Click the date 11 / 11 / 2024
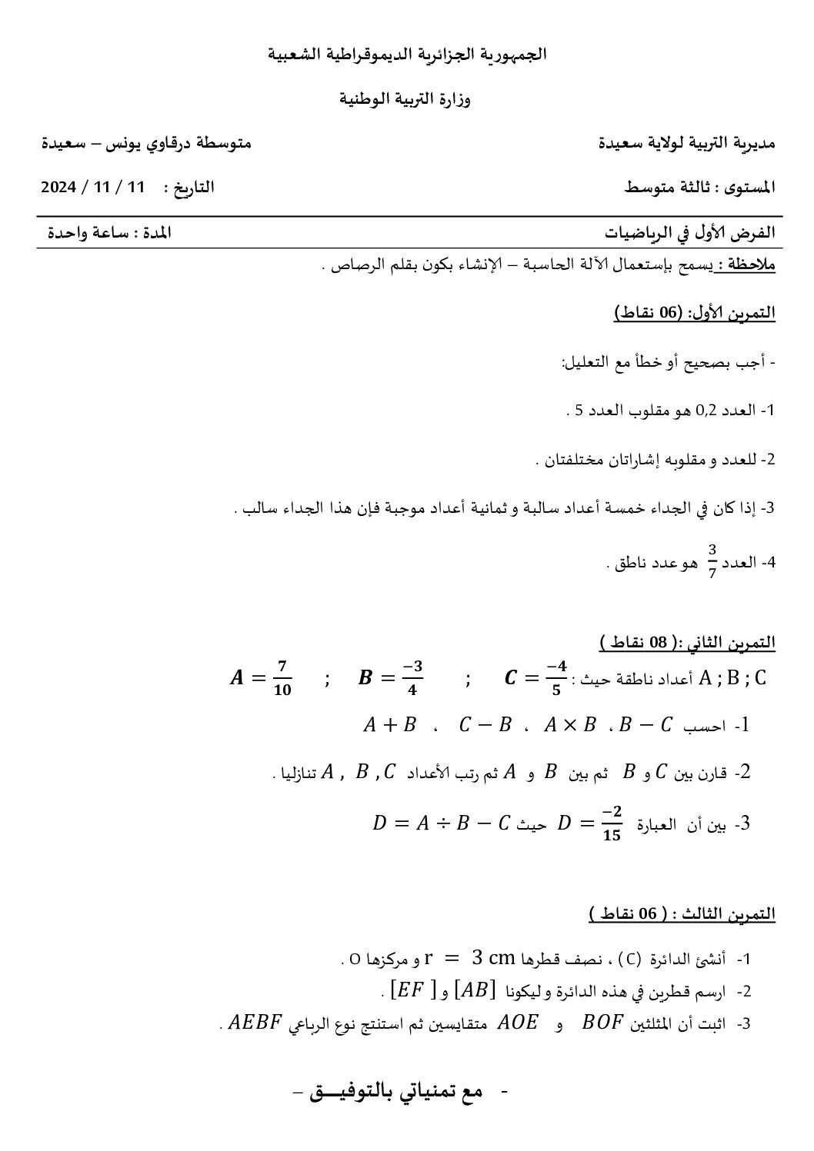click(92, 188)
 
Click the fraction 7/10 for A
click(282, 678)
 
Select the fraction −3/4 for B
click(412, 678)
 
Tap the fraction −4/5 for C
click(556, 678)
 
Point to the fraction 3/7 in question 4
click(712, 561)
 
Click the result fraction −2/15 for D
click(612, 823)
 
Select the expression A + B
click(389, 725)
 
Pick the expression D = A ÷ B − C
click(441, 823)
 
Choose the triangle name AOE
click(519, 1023)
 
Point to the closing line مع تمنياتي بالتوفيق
click(400, 1093)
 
